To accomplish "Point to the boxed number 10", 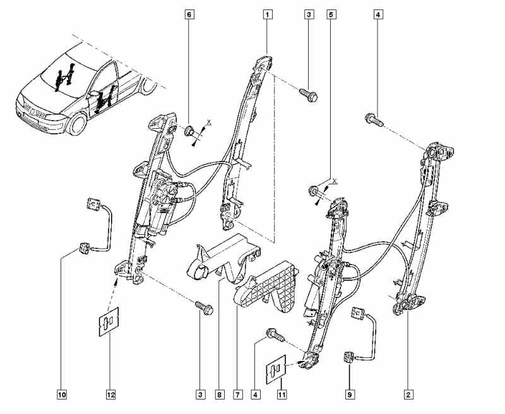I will coord(62,395).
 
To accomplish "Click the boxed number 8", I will coord(219,395).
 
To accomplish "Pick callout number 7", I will coord(237,395).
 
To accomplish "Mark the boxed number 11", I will coord(282,395).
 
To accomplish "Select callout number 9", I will coord(349,395).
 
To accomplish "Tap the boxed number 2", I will coord(408,395).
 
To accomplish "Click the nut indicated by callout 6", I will coord(189,131).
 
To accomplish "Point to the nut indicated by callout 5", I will coord(313,189).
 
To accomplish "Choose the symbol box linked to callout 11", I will coord(275,372).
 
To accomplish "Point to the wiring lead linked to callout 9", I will coord(366,334).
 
